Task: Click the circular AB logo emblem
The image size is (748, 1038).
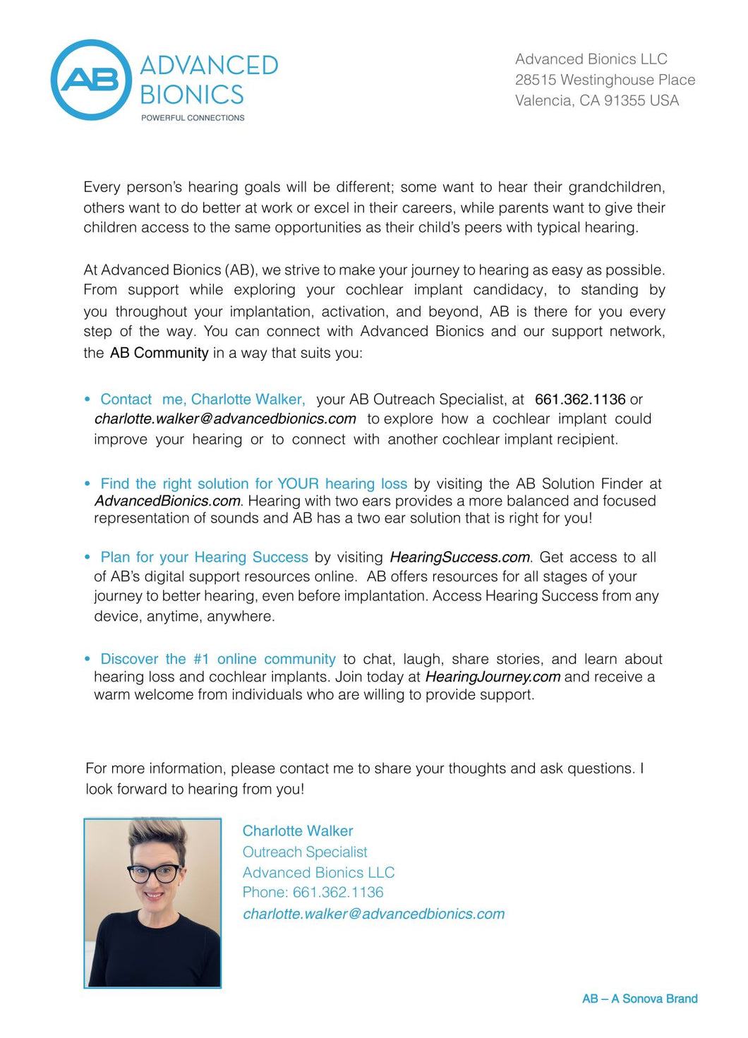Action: click(x=91, y=80)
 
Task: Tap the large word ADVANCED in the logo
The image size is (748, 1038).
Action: click(x=209, y=66)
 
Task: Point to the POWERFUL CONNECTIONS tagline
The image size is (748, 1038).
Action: click(x=193, y=118)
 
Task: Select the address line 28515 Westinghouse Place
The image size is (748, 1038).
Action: click(x=605, y=80)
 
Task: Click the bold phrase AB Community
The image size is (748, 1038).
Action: click(x=159, y=353)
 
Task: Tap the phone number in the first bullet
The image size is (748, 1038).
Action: click(x=580, y=399)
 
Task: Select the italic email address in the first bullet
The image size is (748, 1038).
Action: click(x=225, y=418)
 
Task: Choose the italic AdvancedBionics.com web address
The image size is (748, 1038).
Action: click(x=167, y=501)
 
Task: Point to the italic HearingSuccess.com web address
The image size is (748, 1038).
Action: click(x=459, y=557)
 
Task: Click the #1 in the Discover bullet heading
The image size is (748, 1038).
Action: click(x=201, y=659)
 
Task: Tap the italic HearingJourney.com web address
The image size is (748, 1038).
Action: click(x=493, y=677)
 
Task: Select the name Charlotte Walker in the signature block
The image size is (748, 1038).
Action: click(x=297, y=831)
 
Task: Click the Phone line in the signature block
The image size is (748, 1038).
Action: click(x=313, y=893)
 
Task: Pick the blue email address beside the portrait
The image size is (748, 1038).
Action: click(x=373, y=914)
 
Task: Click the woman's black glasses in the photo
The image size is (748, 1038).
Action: click(x=154, y=874)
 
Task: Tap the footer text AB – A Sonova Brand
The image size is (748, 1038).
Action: click(x=639, y=998)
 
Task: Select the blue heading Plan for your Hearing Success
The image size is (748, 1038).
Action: click(x=204, y=557)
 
